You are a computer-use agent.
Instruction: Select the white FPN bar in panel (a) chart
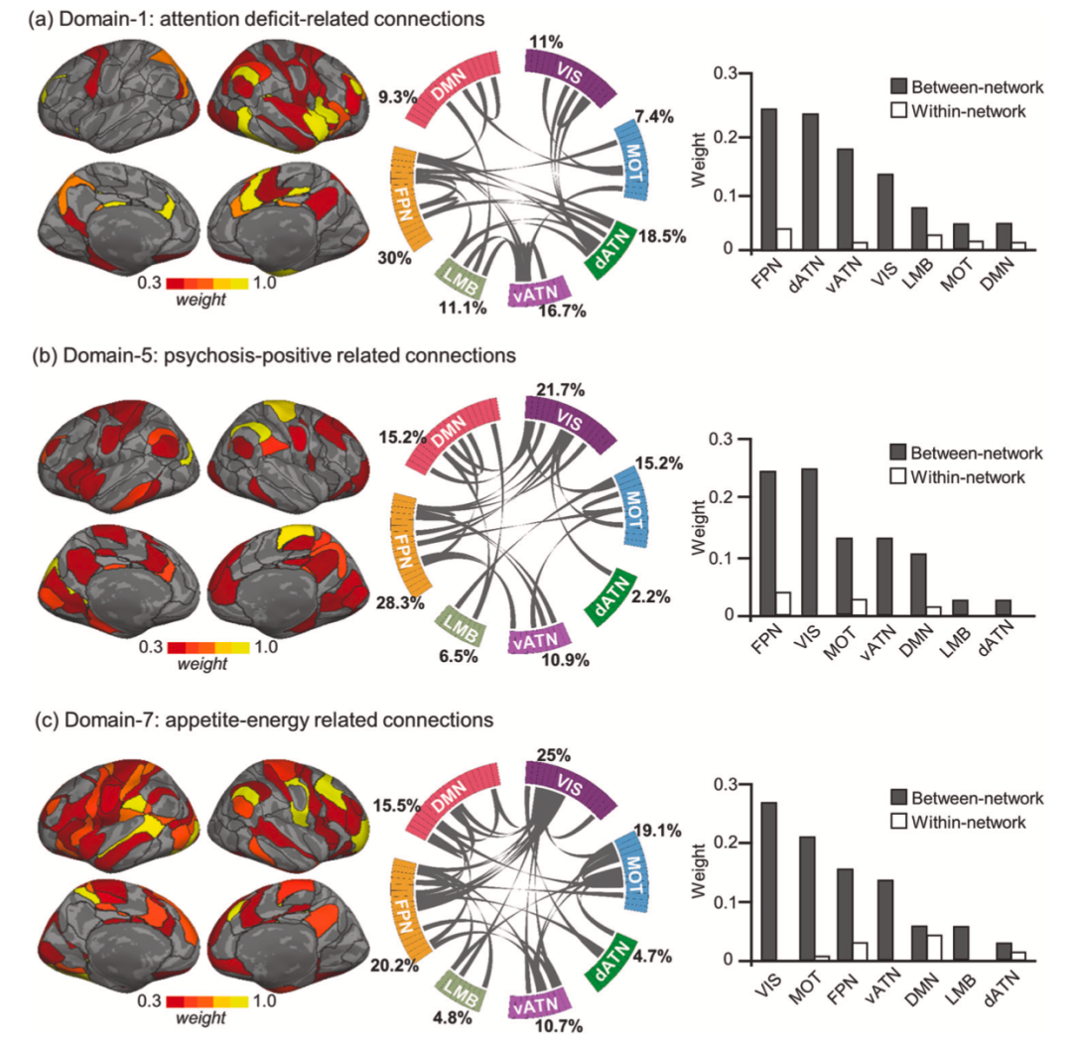[785, 239]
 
